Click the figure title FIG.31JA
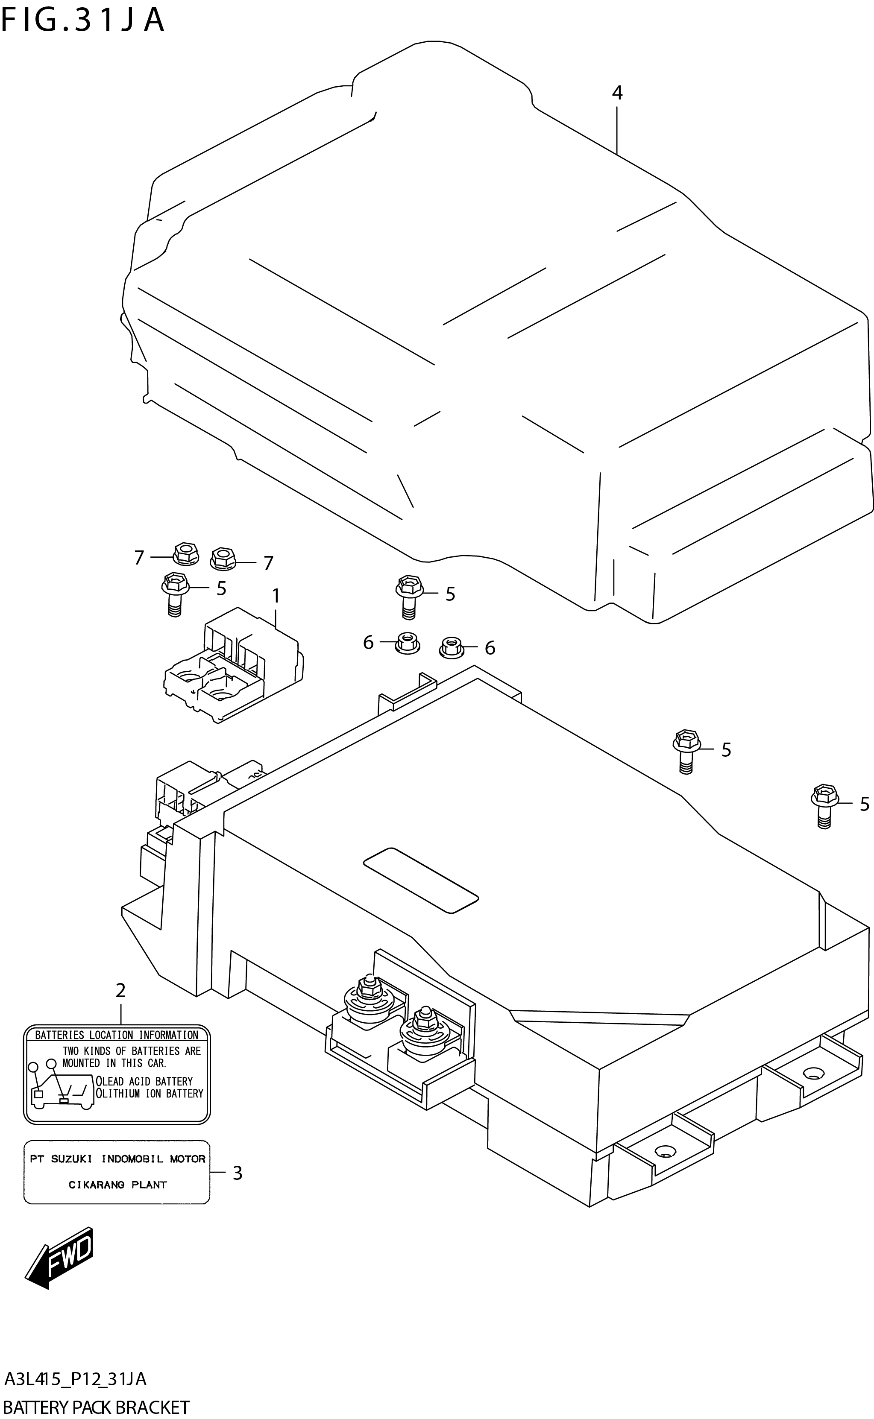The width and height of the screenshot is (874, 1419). pos(83,20)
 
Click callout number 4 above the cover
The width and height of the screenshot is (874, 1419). pos(617,92)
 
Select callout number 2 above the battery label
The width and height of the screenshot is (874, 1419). pos(120,990)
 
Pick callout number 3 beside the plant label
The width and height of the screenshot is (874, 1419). pos(237,1173)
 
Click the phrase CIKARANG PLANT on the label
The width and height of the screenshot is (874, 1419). pos(117,1185)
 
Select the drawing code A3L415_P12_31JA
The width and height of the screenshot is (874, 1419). pos(75,1379)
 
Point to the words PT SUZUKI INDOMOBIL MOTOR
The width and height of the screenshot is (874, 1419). pos(117,1159)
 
